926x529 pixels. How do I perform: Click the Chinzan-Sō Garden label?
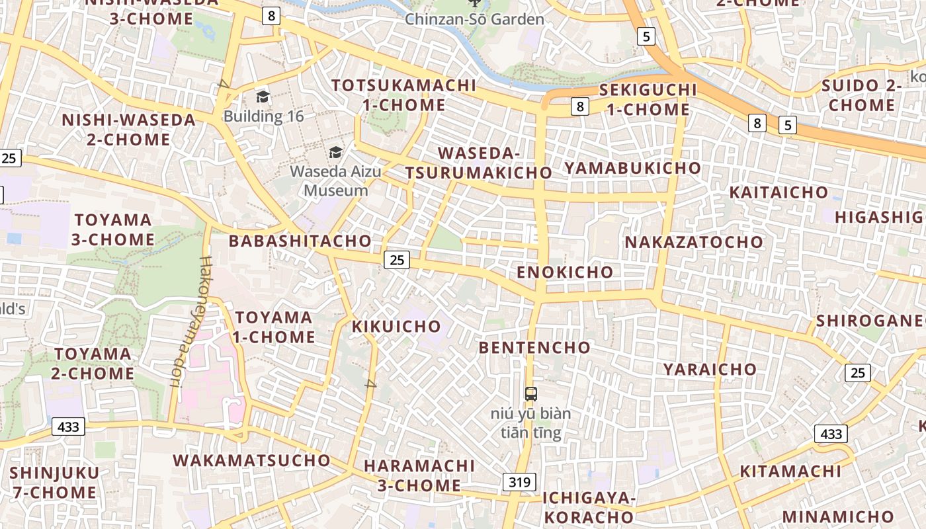[474, 19]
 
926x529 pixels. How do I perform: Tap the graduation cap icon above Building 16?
[263, 97]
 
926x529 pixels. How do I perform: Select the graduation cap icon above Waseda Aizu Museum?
[336, 153]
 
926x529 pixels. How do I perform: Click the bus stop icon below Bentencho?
[530, 394]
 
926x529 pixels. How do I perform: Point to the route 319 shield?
[519, 482]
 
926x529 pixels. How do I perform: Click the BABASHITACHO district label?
[300, 241]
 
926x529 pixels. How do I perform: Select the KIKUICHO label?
[396, 326]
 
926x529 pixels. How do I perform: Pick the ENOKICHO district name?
[565, 272]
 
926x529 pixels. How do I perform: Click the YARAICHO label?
[710, 369]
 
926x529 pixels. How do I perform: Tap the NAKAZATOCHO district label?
[694, 242]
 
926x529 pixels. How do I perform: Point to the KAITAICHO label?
[779, 192]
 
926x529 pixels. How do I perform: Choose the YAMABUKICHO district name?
[632, 168]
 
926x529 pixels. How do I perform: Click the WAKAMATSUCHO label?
[251, 460]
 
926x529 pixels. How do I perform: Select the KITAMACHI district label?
[790, 471]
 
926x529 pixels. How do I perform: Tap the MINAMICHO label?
[838, 516]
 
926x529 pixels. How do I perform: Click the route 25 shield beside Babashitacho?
[397, 260]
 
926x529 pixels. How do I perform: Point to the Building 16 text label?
[263, 116]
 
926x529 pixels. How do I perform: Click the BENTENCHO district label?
[534, 347]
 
